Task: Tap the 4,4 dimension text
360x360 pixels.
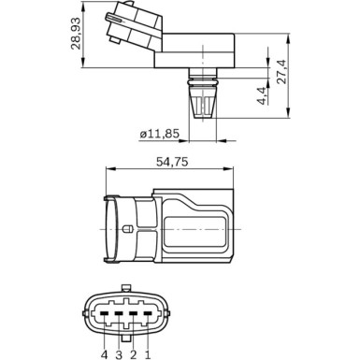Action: tap(264, 95)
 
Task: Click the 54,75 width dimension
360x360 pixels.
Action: tap(168, 161)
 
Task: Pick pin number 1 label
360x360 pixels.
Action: tap(148, 354)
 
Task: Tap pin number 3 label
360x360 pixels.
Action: tap(119, 354)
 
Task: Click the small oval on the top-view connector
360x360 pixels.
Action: tap(127, 229)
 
